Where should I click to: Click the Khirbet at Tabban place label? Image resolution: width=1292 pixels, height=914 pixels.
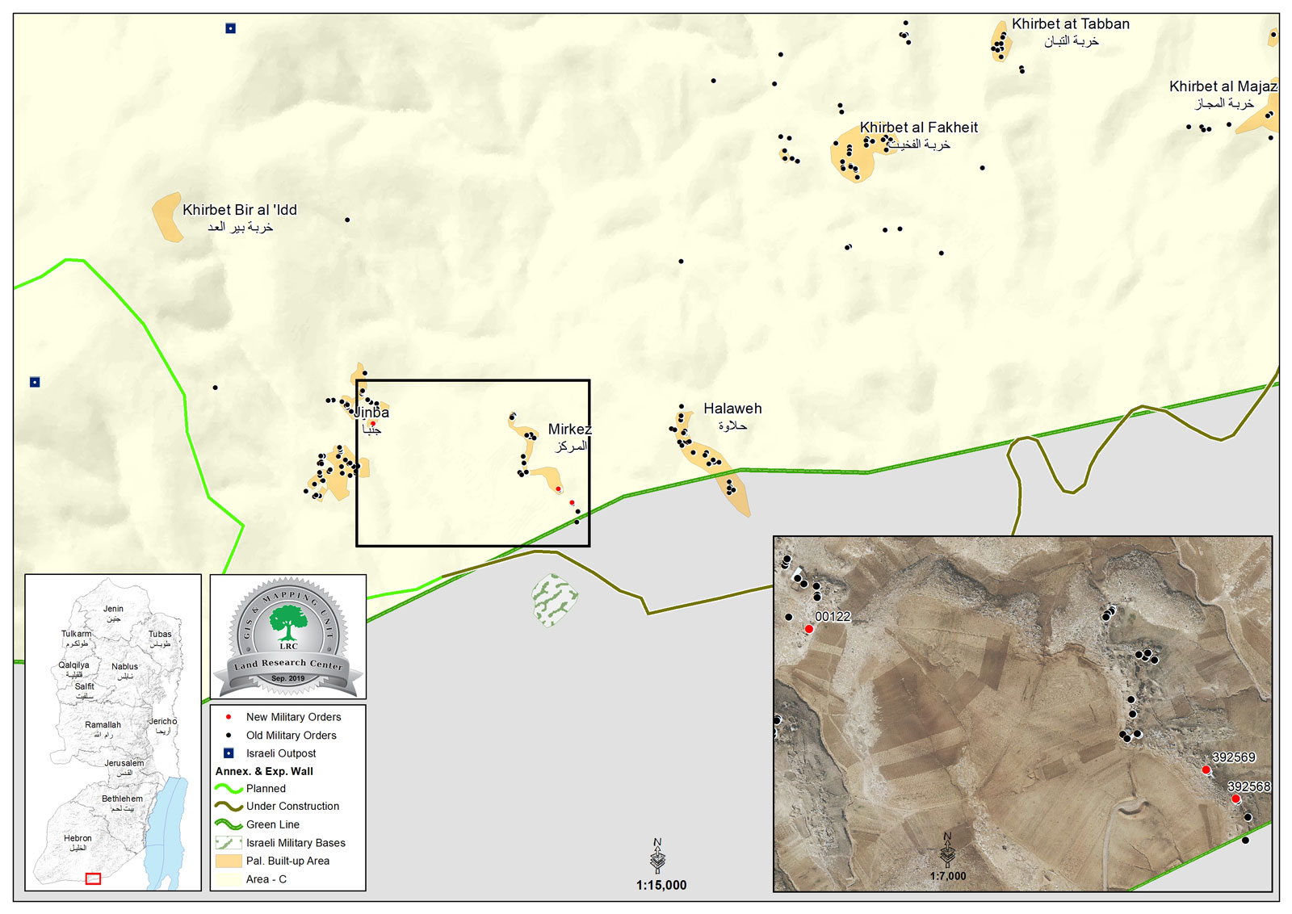(1070, 24)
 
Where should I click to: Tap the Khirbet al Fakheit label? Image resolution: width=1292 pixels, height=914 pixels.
(918, 128)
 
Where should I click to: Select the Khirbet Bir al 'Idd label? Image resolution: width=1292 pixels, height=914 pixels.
(240, 210)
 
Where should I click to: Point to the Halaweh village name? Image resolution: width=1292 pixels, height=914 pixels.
(732, 409)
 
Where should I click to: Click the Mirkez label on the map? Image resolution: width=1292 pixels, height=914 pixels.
(569, 430)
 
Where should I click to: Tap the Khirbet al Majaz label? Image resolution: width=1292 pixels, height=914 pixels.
(1223, 86)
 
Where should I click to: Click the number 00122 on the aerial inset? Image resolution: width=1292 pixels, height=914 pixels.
(833, 617)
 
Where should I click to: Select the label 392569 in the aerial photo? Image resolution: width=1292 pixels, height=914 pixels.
(1233, 757)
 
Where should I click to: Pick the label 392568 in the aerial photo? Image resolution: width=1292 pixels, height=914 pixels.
(1248, 786)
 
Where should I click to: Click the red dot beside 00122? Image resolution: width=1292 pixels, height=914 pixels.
(808, 629)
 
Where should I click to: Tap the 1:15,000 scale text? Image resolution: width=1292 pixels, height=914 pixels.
(661, 885)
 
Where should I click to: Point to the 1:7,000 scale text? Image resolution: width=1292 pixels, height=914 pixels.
(947, 876)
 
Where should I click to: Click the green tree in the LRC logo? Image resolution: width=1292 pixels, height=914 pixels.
(287, 623)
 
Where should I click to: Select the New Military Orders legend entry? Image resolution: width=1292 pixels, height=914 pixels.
(293, 717)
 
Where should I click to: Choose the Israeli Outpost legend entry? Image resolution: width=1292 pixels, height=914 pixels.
(281, 753)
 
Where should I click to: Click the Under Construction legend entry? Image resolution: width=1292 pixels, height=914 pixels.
(292, 806)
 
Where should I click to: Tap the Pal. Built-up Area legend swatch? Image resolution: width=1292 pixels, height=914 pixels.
(229, 861)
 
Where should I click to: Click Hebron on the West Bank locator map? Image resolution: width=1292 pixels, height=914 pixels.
(78, 838)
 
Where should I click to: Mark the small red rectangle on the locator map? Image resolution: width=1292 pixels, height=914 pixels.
(93, 878)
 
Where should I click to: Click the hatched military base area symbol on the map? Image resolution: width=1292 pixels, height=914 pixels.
(554, 600)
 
